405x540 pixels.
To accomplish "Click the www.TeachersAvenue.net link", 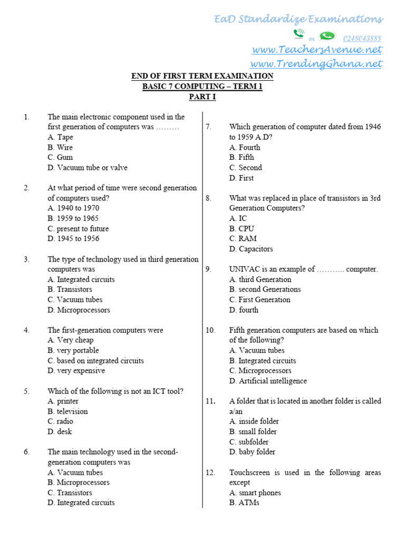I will click(x=316, y=50).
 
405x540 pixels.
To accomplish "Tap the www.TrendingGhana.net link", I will click(x=316, y=64).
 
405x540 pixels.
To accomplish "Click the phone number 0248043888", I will click(x=362, y=38).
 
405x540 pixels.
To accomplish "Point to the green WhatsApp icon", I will click(x=327, y=35).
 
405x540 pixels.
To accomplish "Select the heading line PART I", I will click(x=202, y=97).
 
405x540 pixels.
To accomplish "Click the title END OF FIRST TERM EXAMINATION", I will click(x=202, y=76).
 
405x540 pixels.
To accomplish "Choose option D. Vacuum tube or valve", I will click(x=88, y=168).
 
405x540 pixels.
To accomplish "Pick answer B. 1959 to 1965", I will click(x=73, y=218).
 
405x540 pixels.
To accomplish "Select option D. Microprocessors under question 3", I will click(x=79, y=310).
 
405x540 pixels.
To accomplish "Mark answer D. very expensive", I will click(x=76, y=371).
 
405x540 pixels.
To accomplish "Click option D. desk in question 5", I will click(x=60, y=431).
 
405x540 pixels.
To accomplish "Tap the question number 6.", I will click(x=26, y=452).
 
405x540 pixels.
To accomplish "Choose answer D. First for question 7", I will click(x=242, y=178).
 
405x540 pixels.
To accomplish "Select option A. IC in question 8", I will click(x=238, y=218).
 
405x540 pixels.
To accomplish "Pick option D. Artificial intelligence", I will click(x=268, y=381).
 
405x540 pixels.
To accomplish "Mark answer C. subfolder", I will click(x=249, y=442).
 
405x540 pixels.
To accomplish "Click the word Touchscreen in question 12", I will click(x=249, y=472).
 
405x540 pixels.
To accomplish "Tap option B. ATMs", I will click(x=244, y=503).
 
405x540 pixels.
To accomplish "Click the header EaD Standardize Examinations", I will click(x=298, y=20).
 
